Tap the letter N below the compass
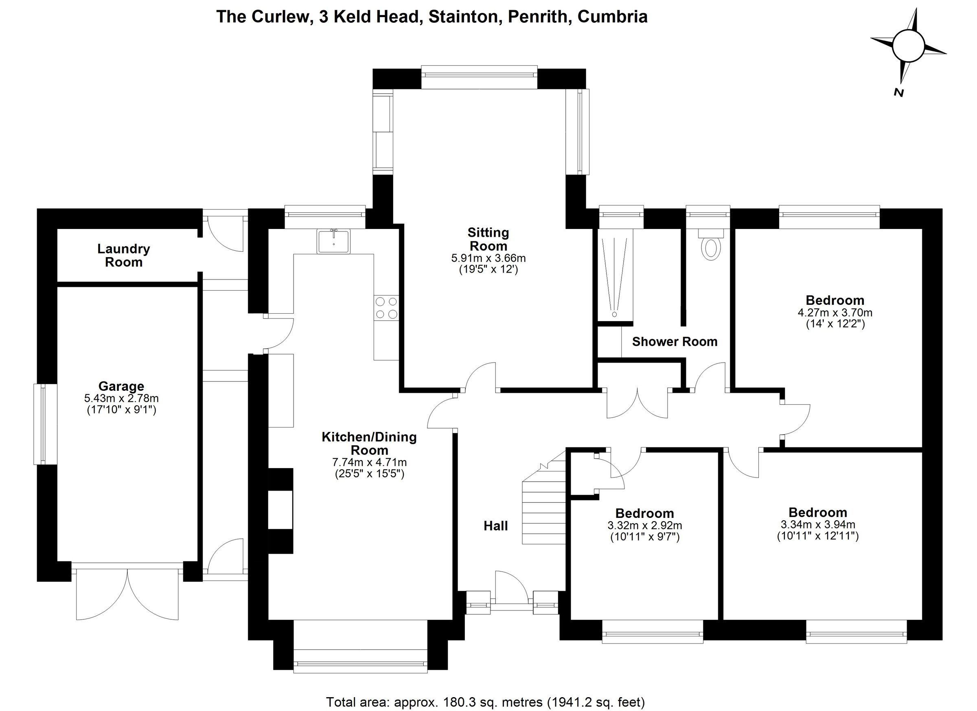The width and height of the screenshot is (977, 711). [x=898, y=92]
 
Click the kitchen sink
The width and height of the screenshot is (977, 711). [x=334, y=241]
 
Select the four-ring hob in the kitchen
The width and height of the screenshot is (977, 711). [x=386, y=308]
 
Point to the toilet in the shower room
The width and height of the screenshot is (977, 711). [x=711, y=244]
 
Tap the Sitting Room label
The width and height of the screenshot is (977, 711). [x=488, y=239]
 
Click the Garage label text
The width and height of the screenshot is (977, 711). [x=121, y=386]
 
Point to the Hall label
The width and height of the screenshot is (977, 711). [x=496, y=526]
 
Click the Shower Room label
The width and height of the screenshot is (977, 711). [x=675, y=341]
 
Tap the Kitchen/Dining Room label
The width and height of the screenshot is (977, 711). [x=369, y=443]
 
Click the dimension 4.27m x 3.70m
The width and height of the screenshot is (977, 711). [x=835, y=312]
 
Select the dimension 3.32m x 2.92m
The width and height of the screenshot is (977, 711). [x=645, y=526]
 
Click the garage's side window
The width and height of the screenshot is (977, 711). [x=45, y=424]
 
